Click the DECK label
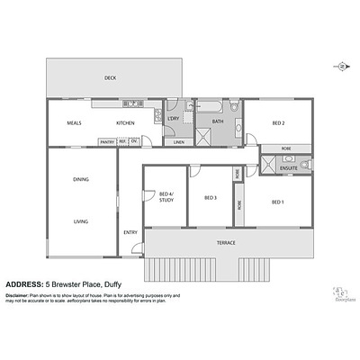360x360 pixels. click(110, 77)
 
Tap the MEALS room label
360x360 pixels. click(75, 122)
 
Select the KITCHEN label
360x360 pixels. click(125, 122)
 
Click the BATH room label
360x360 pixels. click(218, 121)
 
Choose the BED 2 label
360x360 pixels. click(278, 122)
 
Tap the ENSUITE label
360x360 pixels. click(289, 167)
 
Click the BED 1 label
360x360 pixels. click(277, 202)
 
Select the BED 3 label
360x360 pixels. click(211, 198)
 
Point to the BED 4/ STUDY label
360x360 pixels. click(166, 197)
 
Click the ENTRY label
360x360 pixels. click(130, 233)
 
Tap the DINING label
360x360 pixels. click(81, 180)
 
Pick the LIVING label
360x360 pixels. click(81, 220)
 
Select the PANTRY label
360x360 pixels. click(106, 141)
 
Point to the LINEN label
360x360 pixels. click(179, 141)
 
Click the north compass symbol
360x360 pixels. click(343, 67)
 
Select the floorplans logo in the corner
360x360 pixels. click(339, 294)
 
